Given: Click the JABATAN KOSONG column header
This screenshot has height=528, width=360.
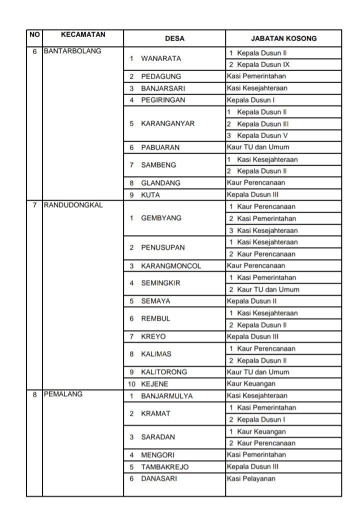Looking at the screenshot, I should coord(283,38).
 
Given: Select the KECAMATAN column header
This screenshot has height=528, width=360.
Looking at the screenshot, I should coord(83,34).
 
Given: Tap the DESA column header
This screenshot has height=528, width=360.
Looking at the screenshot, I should coord(174,38).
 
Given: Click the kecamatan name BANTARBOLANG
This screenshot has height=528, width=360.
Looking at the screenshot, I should coord(72,51).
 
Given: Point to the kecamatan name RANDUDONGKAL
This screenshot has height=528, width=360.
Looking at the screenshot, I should coord(73,204).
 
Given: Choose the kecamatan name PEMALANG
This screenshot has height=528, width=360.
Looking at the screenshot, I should coord(63,394).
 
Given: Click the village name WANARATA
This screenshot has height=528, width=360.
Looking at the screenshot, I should coord(161,58).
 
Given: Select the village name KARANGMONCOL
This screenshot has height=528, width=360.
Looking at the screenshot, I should coord(171,266).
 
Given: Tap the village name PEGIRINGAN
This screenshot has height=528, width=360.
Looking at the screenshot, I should coord(163,100).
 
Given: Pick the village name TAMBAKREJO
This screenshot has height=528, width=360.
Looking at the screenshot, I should coord(165,467).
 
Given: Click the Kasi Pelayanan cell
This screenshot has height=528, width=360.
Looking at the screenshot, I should coord(251,478).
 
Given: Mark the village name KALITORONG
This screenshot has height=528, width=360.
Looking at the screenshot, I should coord(164,372).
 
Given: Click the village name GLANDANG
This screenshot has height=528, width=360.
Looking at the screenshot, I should coord(160,183).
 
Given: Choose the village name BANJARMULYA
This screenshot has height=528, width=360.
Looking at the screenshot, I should coord(166,396).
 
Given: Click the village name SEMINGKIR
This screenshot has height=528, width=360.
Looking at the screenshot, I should coord(160,283).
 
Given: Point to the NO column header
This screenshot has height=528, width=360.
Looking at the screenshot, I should coord(34,34).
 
